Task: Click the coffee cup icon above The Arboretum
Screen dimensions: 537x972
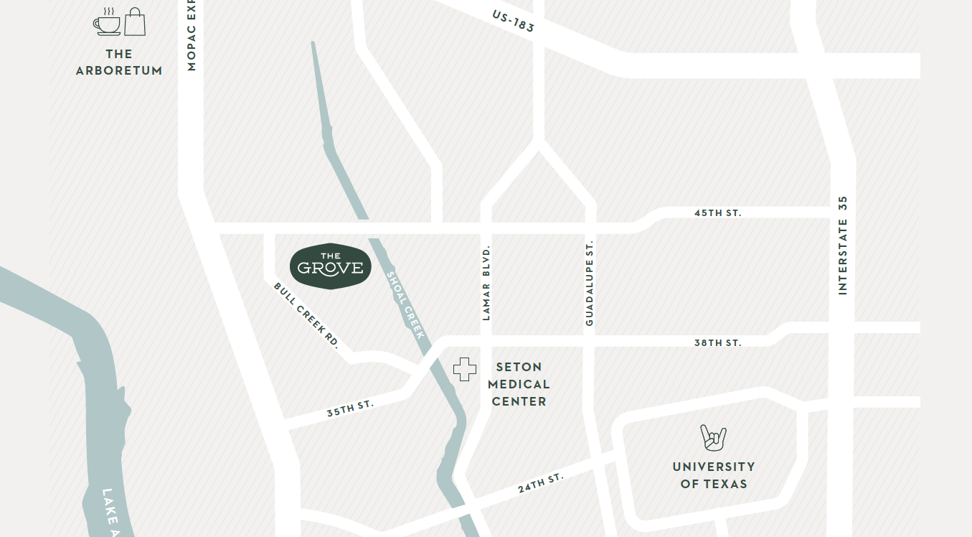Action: tap(107, 23)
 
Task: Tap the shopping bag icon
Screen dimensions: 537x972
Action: tap(135, 22)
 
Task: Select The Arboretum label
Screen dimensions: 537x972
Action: tap(119, 62)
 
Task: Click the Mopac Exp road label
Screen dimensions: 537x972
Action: tap(191, 36)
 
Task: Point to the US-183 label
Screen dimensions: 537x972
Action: tap(513, 21)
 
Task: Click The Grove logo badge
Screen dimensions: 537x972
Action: tap(331, 266)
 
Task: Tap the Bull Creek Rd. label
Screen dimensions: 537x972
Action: tap(306, 315)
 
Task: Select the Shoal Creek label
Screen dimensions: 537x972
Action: tap(406, 304)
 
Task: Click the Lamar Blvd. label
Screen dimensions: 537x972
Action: tap(486, 282)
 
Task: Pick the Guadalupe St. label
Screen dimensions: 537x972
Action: tap(590, 283)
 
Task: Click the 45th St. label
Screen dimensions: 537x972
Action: tap(717, 213)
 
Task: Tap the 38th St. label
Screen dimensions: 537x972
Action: tap(717, 343)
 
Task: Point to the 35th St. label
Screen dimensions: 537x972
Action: tap(350, 408)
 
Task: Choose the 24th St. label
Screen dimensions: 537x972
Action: tap(541, 483)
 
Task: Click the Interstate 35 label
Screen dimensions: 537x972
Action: tap(843, 245)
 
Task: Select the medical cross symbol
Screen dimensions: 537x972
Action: tap(465, 369)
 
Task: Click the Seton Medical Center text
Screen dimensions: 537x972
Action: tap(519, 384)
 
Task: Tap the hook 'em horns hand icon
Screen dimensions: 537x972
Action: tap(713, 437)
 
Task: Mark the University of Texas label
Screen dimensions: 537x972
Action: tap(714, 475)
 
